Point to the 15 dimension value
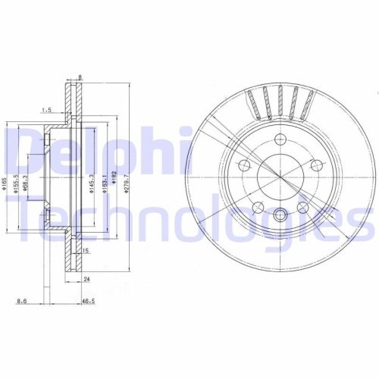[87, 250]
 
